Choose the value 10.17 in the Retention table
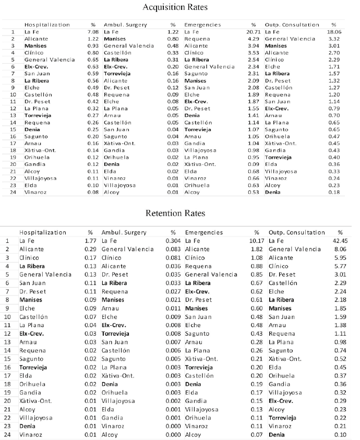coord(257,241)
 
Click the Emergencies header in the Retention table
coord(204,232)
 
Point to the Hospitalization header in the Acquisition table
coord(47,25)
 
